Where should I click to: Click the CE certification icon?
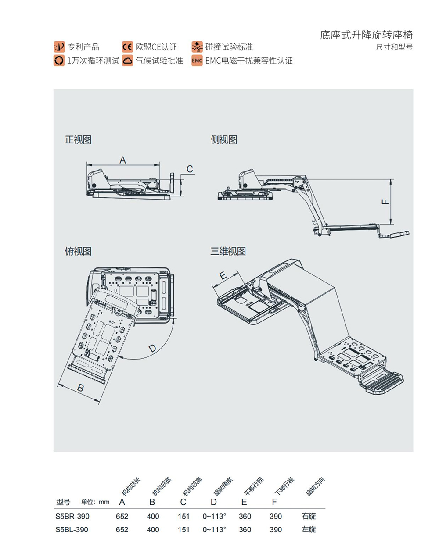127,47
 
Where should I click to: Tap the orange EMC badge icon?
197,61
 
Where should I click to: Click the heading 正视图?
78,140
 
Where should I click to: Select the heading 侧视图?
224,140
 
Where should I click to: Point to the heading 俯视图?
78,251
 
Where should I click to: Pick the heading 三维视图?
228,251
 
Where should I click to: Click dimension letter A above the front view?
123,160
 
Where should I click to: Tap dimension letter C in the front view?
190,169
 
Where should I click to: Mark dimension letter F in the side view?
385,202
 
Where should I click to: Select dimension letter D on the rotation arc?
152,349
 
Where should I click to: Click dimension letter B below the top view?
80,388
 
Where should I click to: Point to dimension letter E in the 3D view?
223,275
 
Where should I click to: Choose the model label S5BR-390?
72,516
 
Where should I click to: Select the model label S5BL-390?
72,529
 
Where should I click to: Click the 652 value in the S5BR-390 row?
122,516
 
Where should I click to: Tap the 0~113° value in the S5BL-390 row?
214,529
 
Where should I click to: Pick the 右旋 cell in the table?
309,516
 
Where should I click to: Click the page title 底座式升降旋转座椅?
366,35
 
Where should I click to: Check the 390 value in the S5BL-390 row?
276,529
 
